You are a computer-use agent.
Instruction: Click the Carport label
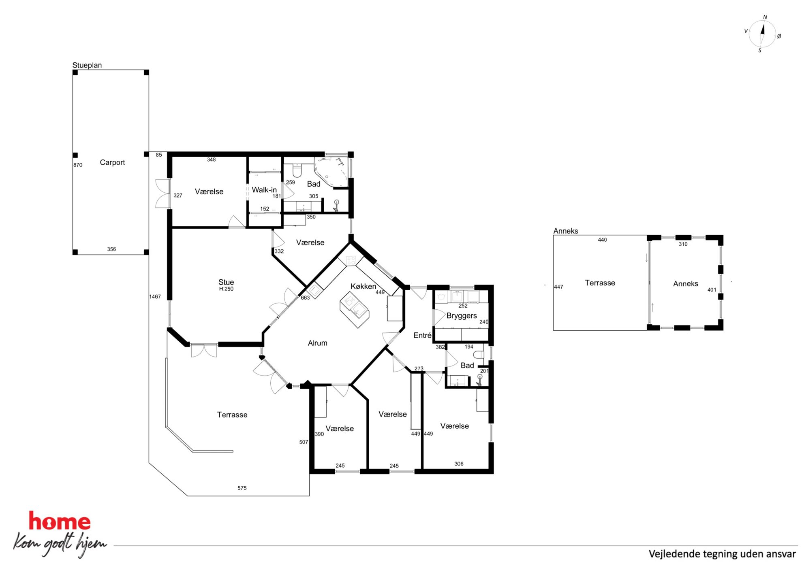click(112, 162)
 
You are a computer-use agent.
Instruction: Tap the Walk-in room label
click(264, 190)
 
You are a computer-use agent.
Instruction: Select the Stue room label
click(226, 282)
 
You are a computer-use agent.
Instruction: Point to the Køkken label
click(363, 286)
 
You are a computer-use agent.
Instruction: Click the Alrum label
click(317, 343)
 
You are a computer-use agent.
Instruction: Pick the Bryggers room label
click(462, 316)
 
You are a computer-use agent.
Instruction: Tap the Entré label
click(422, 335)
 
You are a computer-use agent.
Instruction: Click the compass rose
click(762, 34)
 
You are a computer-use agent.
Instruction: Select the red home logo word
click(60, 521)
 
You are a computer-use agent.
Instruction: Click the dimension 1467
click(155, 297)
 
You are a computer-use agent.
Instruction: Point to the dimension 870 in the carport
click(78, 165)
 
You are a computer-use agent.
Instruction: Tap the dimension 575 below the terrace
click(242, 488)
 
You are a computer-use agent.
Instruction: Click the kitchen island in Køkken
click(354, 310)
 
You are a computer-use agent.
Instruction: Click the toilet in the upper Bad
click(297, 170)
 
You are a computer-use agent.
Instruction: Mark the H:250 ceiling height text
click(226, 289)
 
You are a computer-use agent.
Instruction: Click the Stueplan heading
click(87, 65)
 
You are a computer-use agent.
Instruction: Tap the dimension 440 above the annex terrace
click(602, 240)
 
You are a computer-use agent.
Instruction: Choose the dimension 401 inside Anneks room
click(712, 290)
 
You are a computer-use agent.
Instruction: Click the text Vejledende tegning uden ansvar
click(722, 554)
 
